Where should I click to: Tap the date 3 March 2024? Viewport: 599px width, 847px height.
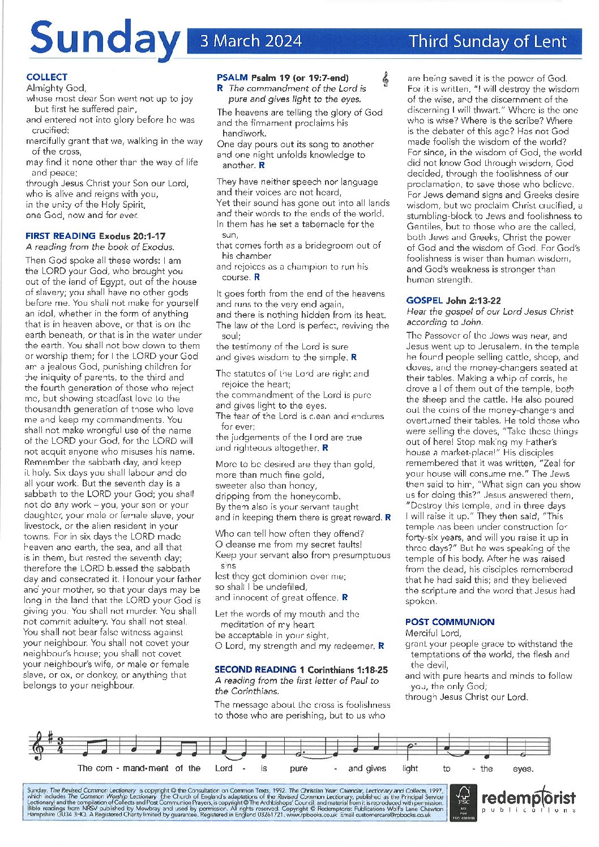point(251,41)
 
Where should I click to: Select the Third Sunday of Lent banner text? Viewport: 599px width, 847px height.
point(487,41)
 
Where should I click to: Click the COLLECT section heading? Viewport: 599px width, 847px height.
point(46,77)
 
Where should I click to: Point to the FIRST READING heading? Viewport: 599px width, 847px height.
point(61,236)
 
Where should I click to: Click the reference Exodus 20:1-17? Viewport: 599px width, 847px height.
point(132,236)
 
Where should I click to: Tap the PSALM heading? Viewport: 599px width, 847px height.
point(232,78)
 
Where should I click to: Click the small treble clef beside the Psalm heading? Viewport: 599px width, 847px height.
point(386,80)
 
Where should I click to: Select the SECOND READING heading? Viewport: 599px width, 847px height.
point(256,669)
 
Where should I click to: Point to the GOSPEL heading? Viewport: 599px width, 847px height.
point(425,301)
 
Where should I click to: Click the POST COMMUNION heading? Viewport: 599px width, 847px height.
point(450,622)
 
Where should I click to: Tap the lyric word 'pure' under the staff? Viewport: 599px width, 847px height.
point(298,768)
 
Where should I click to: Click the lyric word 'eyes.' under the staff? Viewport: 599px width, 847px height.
point(523,768)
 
